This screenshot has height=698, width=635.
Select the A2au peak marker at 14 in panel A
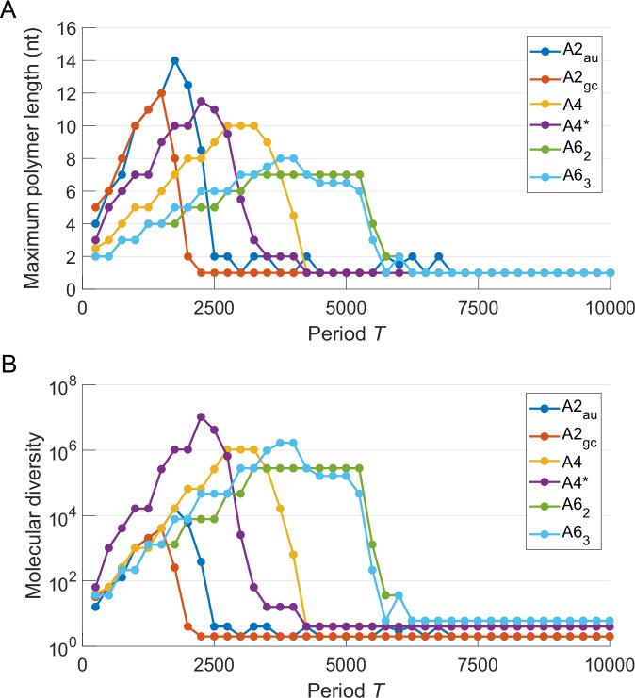174,60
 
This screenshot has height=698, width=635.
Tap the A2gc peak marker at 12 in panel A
161,93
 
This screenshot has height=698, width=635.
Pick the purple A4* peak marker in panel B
201,416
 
